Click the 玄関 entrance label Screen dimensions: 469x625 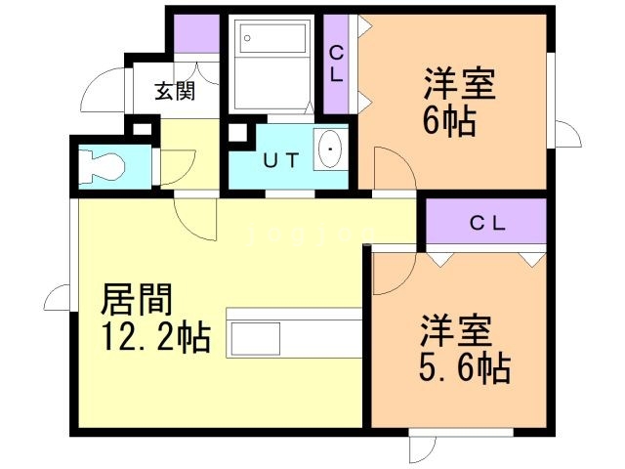click(175, 92)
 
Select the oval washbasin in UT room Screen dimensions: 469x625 click(331, 149)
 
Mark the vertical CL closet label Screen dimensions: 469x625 click(335, 64)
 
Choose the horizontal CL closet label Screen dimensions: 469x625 click(485, 222)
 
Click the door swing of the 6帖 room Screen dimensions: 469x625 click(386, 168)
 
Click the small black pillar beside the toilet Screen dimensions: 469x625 click(142, 126)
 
